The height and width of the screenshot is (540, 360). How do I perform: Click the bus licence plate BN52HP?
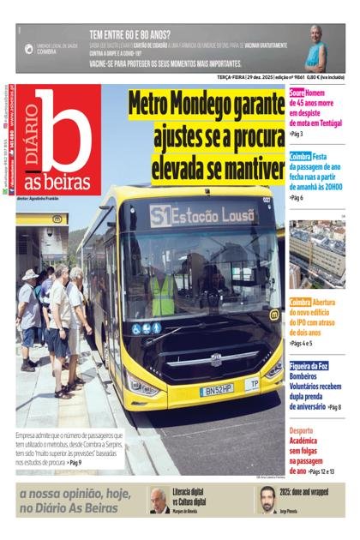pos(215,389)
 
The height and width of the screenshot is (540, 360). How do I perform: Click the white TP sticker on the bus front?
pos(252,384)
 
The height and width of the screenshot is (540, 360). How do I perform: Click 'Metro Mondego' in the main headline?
pos(206,105)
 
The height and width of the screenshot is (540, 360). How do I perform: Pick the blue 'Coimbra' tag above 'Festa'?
pos(300,157)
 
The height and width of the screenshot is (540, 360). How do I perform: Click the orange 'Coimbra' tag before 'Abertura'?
pos(300,303)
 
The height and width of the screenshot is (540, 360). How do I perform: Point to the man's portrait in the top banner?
pos(316,48)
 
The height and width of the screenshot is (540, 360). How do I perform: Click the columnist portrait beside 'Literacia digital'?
pos(159,501)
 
